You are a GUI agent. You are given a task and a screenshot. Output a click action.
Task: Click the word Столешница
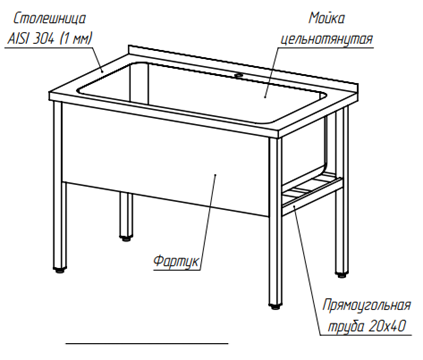49,18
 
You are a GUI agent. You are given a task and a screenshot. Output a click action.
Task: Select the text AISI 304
30,39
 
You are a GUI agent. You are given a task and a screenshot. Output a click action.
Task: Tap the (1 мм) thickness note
75,39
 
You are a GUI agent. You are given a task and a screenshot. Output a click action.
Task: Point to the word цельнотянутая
326,39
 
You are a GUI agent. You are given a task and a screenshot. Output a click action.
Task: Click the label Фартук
177,261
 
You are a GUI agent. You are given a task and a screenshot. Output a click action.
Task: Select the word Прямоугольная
367,305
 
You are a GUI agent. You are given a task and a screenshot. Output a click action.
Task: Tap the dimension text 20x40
387,326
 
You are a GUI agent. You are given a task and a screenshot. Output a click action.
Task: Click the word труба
346,326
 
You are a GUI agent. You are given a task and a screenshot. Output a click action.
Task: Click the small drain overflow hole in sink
238,76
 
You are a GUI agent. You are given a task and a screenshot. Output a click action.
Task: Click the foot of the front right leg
274,306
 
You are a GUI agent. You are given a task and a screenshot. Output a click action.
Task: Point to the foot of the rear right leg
341,275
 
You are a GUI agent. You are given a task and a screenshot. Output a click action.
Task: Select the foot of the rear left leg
126,238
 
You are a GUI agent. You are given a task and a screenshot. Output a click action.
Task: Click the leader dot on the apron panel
215,174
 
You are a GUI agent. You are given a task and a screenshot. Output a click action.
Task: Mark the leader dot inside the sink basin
265,97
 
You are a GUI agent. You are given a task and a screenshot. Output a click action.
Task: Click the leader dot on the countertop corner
102,71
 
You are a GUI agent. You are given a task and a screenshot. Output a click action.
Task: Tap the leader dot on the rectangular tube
294,207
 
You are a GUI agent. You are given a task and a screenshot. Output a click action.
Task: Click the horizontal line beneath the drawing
147,343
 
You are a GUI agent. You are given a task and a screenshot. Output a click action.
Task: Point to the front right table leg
275,220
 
